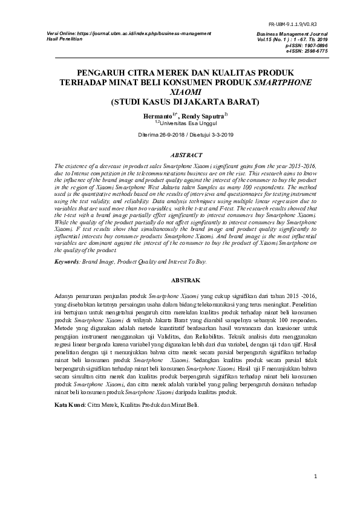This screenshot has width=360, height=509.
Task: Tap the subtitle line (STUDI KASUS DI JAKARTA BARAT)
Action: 180,102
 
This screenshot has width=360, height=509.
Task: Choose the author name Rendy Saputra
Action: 204,114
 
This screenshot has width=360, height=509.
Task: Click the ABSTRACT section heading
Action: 180,155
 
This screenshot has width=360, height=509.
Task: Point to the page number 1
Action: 315,477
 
